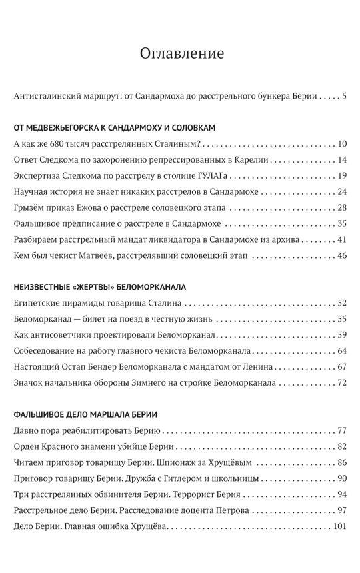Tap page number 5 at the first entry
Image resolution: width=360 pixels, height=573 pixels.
coord(344,97)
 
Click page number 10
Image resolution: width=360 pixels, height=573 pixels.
coord(342,143)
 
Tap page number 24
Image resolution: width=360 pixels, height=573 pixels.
coord(342,191)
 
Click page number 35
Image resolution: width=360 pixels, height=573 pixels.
coord(342,223)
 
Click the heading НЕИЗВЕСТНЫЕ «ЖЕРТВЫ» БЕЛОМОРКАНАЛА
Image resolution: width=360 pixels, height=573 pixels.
coord(99,286)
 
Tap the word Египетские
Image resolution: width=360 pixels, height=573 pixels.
coord(38,303)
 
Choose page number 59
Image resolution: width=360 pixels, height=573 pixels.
coord(342,335)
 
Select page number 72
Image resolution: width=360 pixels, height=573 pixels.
coord(342,383)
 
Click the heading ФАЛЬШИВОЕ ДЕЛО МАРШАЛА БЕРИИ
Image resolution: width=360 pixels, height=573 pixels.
coord(85,414)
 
